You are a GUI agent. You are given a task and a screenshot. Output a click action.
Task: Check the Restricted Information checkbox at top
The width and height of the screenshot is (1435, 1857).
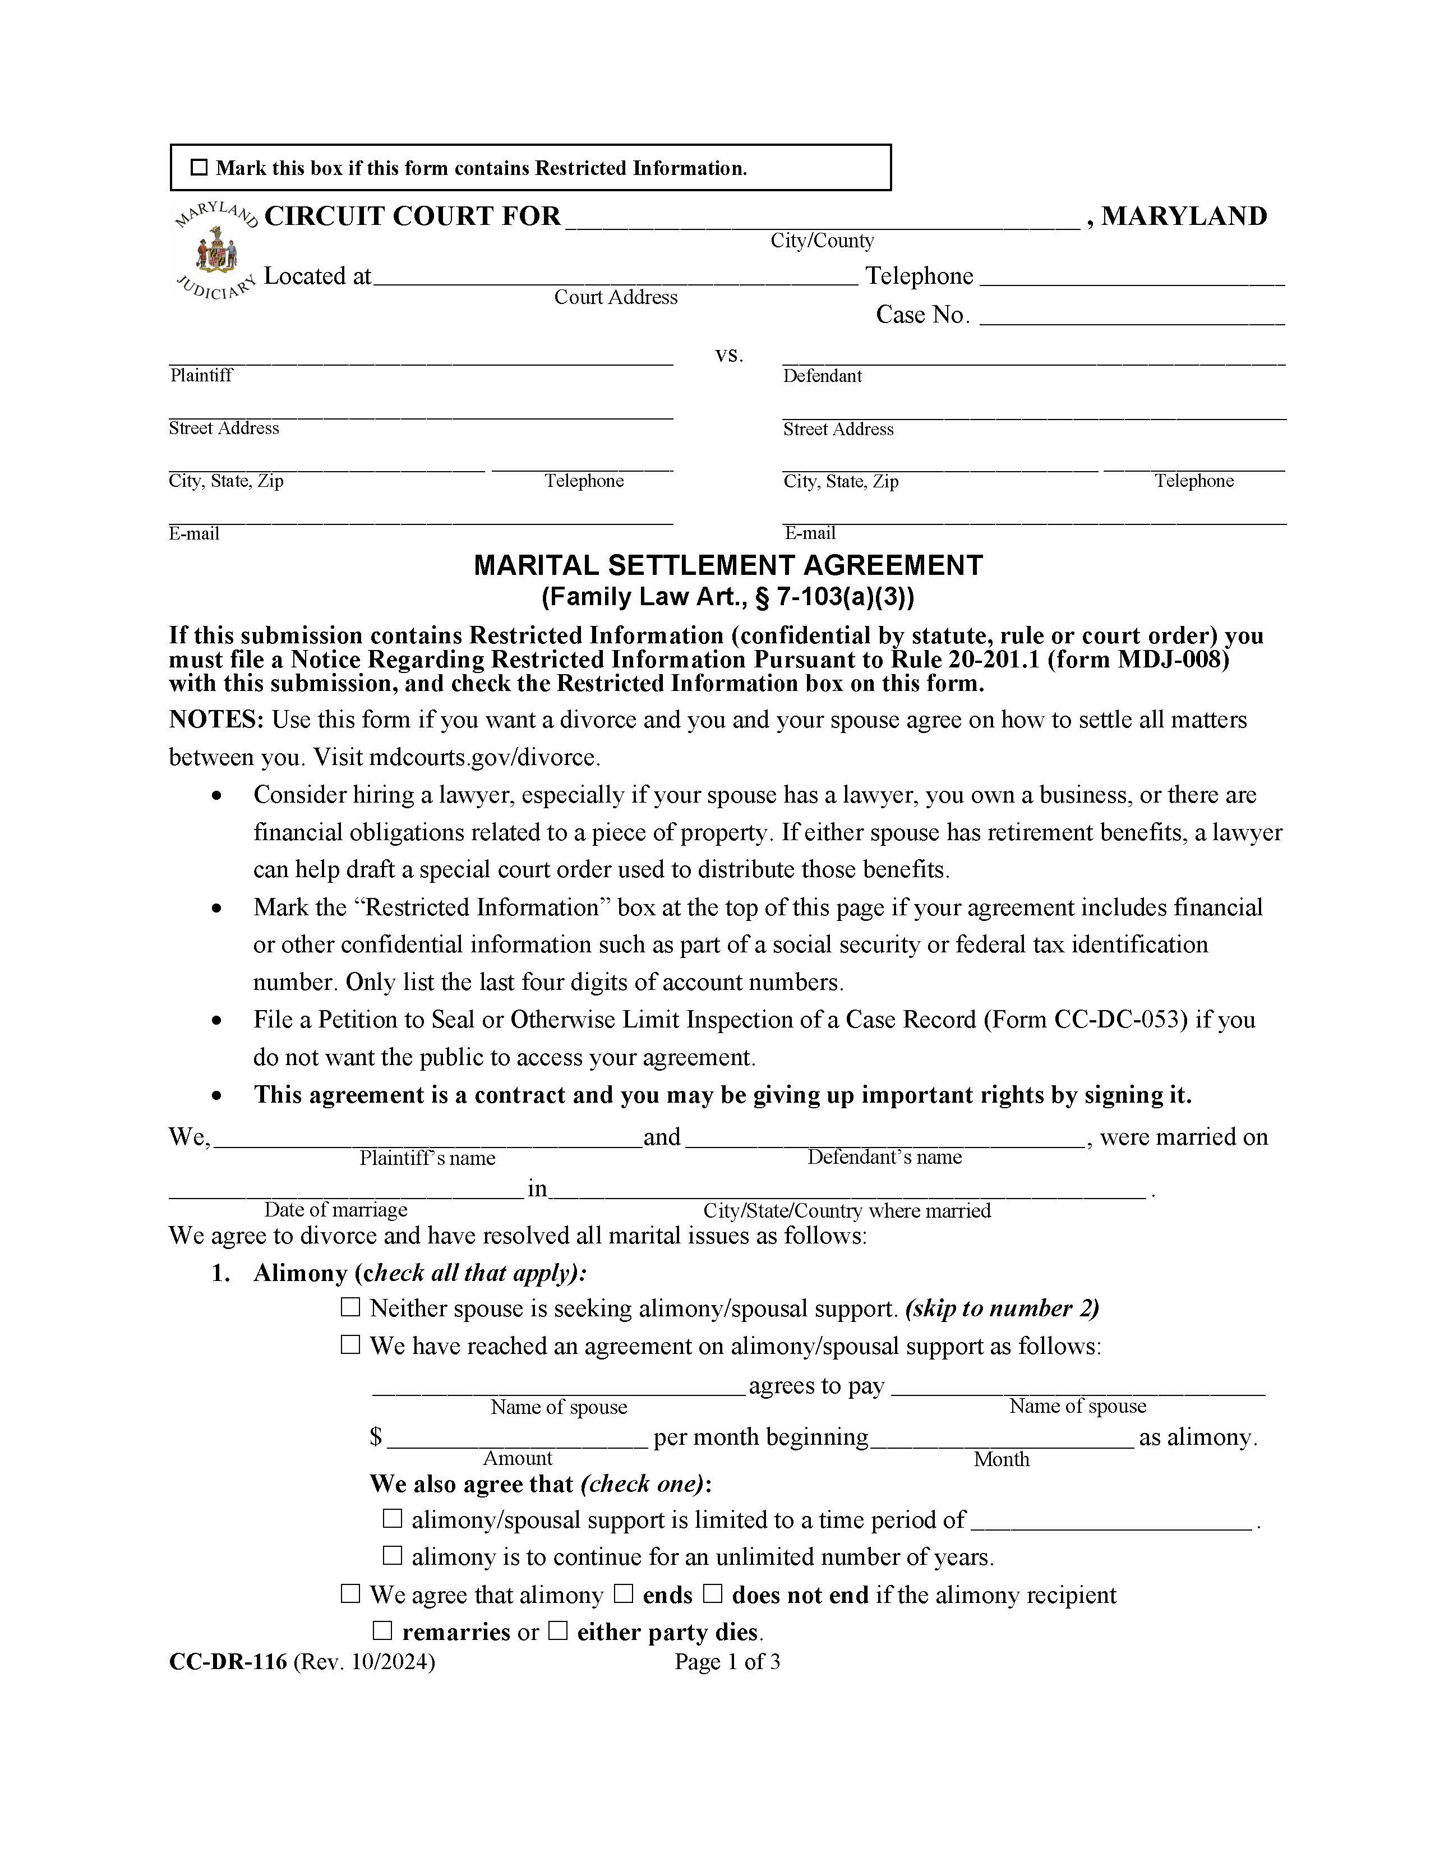click(x=199, y=168)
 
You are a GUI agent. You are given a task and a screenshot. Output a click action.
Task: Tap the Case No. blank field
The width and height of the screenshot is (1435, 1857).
click(x=1137, y=318)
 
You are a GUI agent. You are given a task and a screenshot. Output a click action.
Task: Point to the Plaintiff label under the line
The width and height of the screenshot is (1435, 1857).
click(x=201, y=376)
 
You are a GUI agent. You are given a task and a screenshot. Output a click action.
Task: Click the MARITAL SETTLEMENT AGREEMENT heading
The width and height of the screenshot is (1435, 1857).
click(x=728, y=565)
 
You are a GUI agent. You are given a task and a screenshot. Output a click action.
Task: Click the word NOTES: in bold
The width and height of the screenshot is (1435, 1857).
click(x=217, y=720)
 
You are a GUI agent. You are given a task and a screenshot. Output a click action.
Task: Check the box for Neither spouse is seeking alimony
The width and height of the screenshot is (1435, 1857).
click(x=350, y=1308)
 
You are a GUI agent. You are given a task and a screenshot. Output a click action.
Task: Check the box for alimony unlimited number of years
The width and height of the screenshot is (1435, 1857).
click(x=392, y=1556)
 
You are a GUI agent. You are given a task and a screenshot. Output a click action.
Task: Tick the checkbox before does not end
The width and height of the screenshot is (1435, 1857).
click(x=712, y=1595)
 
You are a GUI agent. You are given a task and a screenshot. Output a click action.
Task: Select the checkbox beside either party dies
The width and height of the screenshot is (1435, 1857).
click(x=557, y=1631)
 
